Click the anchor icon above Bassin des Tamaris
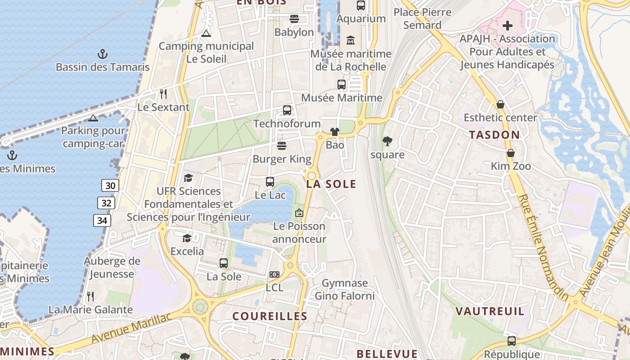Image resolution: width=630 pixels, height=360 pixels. [103, 54]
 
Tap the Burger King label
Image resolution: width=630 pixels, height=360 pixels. [282, 159]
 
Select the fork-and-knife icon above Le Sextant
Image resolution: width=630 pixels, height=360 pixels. [163, 94]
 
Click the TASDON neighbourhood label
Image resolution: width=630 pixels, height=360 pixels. [495, 135]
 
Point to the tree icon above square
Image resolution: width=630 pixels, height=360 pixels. [387, 142]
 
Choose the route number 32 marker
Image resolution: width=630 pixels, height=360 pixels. [106, 203]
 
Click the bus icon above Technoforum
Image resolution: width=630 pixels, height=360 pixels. [287, 110]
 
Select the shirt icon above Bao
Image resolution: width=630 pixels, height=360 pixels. [335, 132]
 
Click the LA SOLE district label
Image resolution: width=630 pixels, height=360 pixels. [331, 184]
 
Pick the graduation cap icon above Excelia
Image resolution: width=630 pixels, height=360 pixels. [187, 238]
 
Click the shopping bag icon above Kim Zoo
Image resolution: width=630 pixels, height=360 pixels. [510, 153]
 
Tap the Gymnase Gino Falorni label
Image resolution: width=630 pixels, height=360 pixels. [345, 289]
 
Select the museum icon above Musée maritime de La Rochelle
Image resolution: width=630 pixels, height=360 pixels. [351, 41]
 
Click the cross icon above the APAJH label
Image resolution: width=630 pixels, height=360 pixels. [508, 25]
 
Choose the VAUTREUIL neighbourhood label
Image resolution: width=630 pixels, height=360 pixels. [490, 311]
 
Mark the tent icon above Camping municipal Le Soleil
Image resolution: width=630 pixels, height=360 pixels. [206, 33]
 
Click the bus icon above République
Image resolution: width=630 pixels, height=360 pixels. [512, 341]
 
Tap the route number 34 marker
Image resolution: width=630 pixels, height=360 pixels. [102, 220]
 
